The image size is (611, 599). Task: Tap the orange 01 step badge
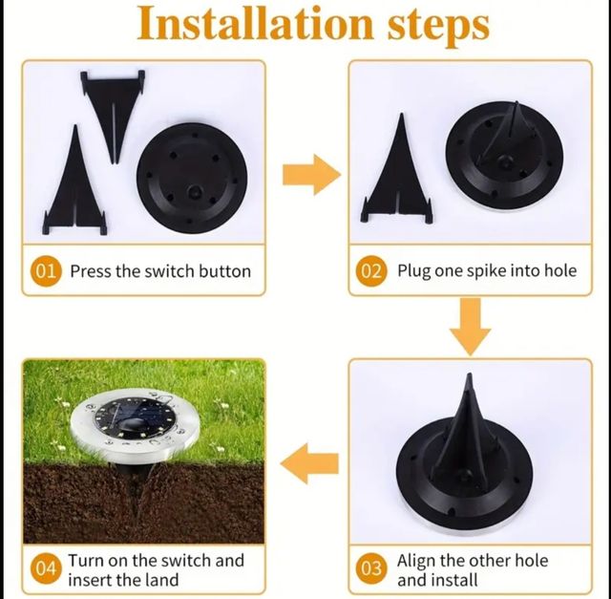46,271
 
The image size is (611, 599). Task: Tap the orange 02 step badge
371,271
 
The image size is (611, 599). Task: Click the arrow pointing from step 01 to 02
309,176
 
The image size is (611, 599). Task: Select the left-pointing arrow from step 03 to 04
311,463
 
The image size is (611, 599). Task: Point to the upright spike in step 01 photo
73,186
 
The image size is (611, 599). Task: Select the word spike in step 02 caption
487,271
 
